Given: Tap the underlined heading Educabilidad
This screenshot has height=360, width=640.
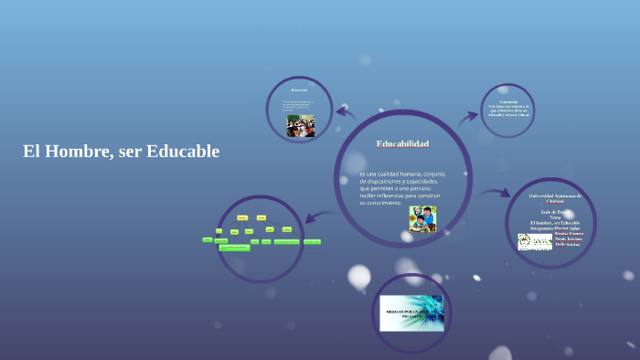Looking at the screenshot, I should (x=402, y=144).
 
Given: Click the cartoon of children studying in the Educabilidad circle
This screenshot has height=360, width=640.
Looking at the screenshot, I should (x=422, y=219).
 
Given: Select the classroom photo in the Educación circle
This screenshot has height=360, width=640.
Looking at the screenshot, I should (x=300, y=125).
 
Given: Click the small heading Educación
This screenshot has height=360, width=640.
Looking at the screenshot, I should (x=300, y=90).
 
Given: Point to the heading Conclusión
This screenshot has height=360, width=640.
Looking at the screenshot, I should (x=508, y=101).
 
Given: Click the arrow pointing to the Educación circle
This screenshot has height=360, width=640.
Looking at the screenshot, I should (x=345, y=112).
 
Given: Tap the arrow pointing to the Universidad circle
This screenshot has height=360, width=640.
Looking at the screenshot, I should (x=496, y=193).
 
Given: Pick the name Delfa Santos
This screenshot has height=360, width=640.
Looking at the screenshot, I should (x=567, y=244).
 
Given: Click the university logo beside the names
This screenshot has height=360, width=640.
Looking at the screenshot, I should (x=534, y=242).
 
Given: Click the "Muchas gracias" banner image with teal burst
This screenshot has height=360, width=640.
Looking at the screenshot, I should (x=411, y=313).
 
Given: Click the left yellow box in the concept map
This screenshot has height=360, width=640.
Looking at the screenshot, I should (x=242, y=217).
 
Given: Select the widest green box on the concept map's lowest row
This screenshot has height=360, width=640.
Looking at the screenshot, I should (x=286, y=241).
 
